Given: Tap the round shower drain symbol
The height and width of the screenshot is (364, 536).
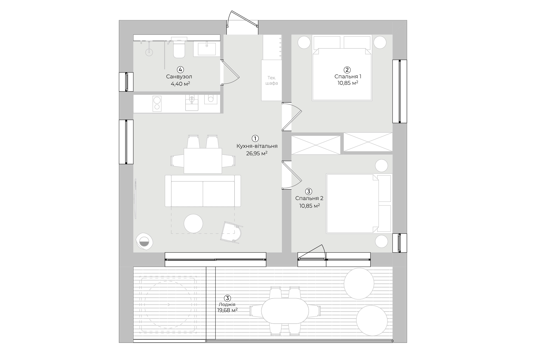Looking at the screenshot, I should (149, 52).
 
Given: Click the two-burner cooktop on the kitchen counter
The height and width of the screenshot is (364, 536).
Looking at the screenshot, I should (157, 104).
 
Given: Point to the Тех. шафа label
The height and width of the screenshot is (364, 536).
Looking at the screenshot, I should (271, 80).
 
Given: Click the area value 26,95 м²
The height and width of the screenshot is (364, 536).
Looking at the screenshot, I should (257, 154).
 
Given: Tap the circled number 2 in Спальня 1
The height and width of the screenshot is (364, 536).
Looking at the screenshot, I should (347, 70).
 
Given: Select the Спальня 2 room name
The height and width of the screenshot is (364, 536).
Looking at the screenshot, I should (309, 198).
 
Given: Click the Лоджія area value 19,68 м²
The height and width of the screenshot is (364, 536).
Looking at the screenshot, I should (227, 310).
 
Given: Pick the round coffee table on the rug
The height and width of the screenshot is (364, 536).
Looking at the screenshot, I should (193, 223).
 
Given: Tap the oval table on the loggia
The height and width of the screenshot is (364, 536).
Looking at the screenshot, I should (285, 311).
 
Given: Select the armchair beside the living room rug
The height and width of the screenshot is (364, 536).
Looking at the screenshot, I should (231, 232).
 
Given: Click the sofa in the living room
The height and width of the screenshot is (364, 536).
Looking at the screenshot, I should (203, 191).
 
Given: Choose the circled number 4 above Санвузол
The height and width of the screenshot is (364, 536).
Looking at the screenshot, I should (180, 70).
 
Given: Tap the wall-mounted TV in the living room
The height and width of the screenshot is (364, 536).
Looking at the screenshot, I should (135, 199).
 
